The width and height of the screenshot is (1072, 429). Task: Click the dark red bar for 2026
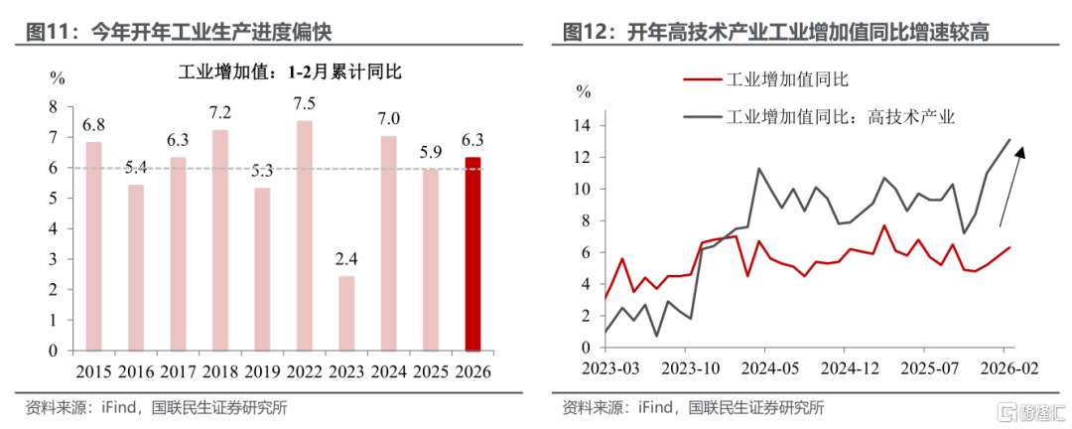pos(473,253)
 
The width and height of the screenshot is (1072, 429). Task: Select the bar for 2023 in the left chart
pos(344,313)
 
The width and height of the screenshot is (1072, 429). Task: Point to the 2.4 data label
pos(344,259)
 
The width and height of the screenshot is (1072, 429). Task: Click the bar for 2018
pos(219,240)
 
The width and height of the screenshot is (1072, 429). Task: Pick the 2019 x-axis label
pos(262,372)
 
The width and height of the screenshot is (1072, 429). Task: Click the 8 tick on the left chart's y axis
pos(56,106)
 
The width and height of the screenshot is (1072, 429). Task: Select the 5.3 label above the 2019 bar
pos(262,171)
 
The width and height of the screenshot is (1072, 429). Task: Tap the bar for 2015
pos(93,246)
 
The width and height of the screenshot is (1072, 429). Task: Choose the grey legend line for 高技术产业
pos(701,117)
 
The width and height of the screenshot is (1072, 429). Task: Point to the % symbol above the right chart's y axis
pos(584,91)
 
